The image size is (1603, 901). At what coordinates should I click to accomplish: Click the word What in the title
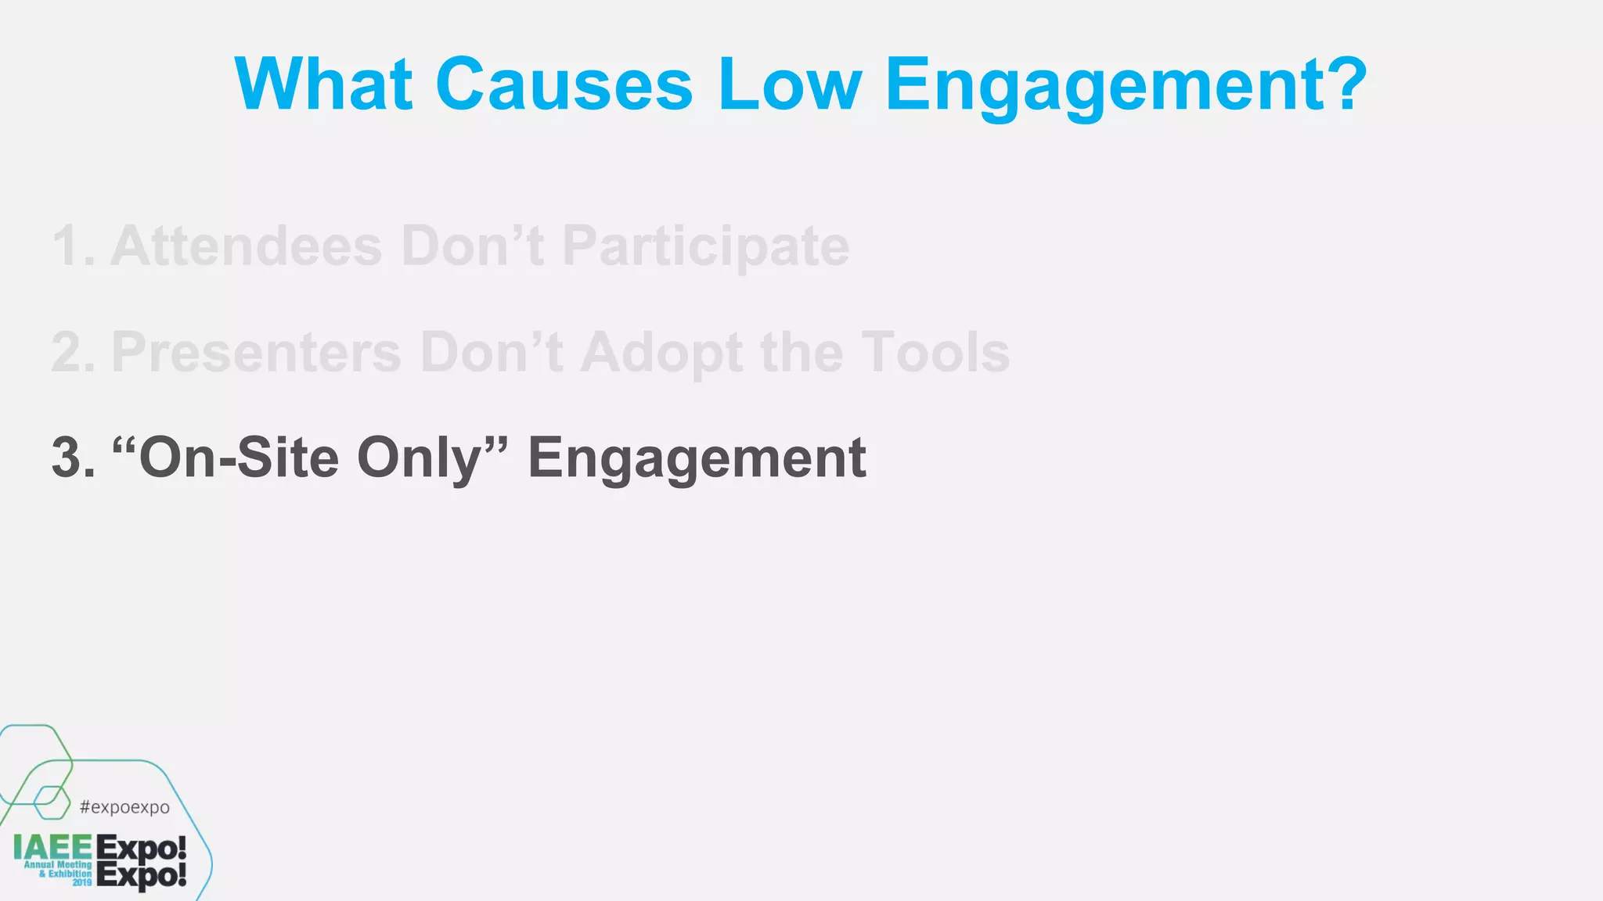323,84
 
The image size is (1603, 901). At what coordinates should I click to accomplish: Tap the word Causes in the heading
564,84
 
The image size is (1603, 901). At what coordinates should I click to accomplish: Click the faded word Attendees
246,246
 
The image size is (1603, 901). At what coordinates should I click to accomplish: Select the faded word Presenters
256,353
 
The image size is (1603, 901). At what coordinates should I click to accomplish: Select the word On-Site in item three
237,458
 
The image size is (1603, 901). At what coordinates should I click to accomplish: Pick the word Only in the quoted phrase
419,459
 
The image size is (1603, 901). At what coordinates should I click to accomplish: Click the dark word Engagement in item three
696,459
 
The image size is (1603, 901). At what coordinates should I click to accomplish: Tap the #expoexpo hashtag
124,807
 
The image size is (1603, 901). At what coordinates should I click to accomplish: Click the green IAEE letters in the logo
52,847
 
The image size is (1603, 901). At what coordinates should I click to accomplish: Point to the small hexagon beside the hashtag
52,802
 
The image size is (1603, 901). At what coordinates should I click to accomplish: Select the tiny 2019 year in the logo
82,882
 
